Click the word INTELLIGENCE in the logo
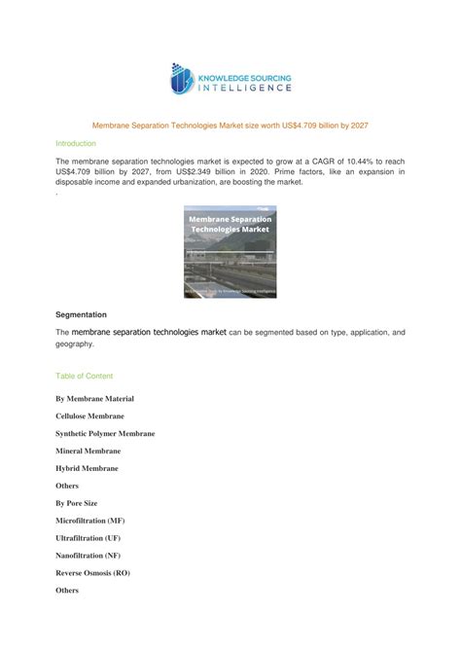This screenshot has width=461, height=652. [245, 88]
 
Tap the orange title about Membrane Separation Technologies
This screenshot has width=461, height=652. [230, 126]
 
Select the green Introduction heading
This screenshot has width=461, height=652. [76, 143]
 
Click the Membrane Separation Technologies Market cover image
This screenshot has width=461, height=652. [230, 251]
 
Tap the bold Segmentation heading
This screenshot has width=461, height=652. [82, 315]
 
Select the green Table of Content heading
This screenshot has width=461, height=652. [85, 376]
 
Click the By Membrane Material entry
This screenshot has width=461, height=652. [95, 399]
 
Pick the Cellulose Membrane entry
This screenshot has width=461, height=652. [89, 417]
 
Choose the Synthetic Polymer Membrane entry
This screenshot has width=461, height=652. [105, 434]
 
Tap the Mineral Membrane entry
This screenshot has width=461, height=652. [89, 452]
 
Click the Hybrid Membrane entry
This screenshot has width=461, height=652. [87, 469]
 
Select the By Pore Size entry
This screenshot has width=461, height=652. [77, 504]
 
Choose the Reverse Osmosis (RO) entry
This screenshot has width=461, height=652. [92, 572]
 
